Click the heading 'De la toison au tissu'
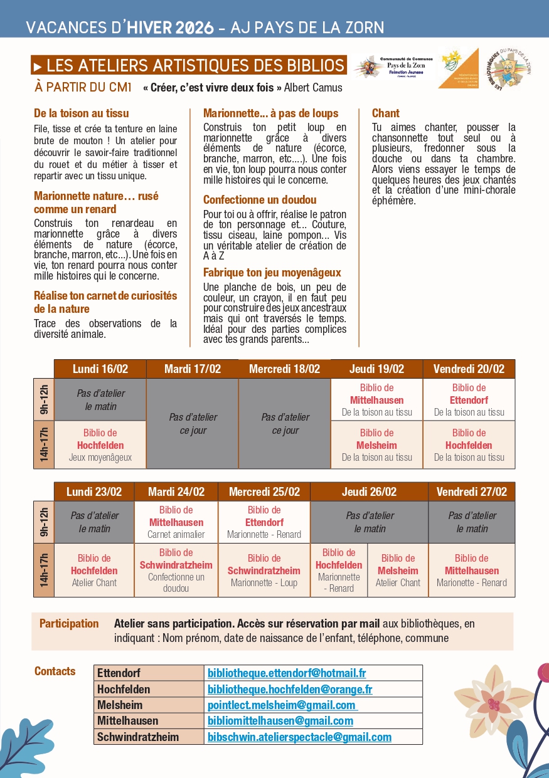82,113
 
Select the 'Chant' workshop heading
386,113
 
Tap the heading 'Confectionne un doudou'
260,200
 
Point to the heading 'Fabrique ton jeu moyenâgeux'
272,273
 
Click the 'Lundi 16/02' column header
100,369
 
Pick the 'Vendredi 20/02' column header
469,369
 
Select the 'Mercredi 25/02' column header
264,492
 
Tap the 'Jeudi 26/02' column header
369,492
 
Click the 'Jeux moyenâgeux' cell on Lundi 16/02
100,445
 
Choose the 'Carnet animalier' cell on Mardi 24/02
176,522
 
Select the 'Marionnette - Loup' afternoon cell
264,570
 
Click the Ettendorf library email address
287,673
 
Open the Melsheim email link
282,705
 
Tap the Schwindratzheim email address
299,737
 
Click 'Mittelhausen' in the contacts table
128,721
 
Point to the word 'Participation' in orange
69,624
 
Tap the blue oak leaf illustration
25,749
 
